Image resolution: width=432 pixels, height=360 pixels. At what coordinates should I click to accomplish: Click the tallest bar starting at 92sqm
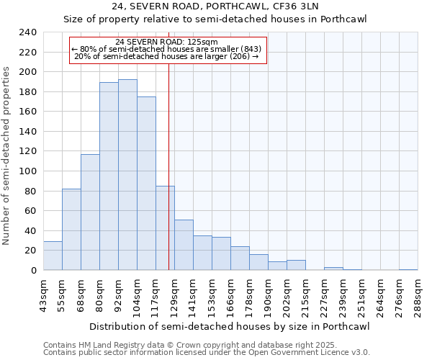[127, 175]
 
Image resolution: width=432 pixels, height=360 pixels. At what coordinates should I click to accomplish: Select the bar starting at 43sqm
[53, 256]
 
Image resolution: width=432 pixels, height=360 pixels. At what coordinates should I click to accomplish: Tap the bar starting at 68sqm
[90, 212]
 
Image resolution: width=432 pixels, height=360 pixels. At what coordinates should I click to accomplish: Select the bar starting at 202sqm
[296, 265]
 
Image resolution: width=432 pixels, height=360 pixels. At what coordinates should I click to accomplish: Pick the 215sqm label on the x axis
[305, 295]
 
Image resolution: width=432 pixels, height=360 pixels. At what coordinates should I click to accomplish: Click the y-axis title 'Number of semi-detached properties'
[7, 156]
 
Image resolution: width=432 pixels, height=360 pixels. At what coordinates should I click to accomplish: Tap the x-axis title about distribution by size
[230, 327]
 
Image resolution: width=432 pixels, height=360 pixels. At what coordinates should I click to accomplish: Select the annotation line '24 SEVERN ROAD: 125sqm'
[167, 42]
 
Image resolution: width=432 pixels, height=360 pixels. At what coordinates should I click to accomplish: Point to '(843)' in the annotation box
[253, 49]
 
